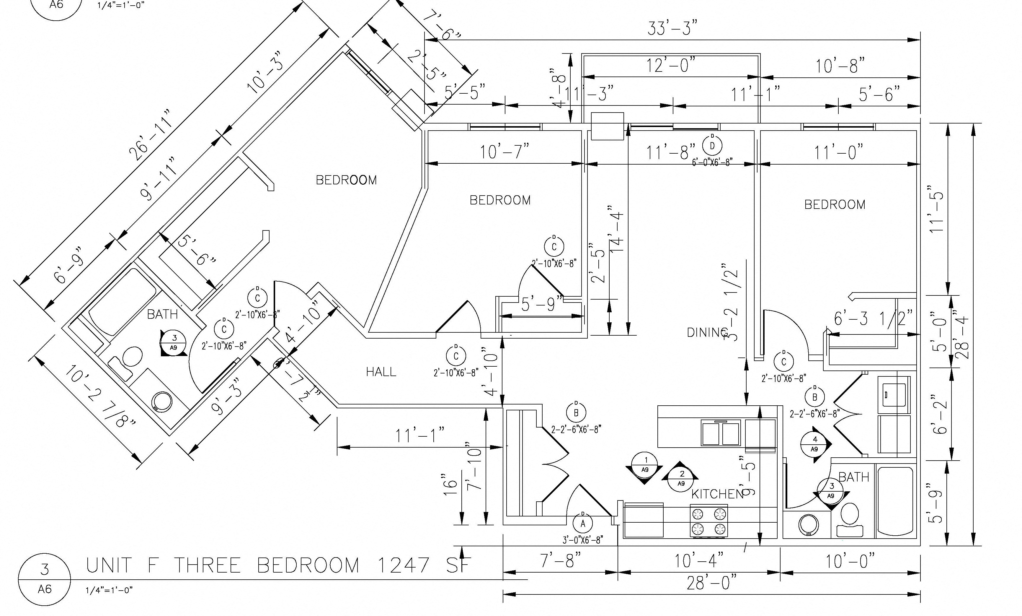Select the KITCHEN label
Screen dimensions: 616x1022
(x=717, y=494)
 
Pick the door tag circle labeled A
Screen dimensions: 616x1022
(x=582, y=524)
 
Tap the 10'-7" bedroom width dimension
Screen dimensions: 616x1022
(x=505, y=152)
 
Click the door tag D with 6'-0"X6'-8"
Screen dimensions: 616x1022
(x=712, y=145)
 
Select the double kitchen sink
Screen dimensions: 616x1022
(x=721, y=433)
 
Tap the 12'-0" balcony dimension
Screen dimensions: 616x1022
(x=670, y=66)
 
